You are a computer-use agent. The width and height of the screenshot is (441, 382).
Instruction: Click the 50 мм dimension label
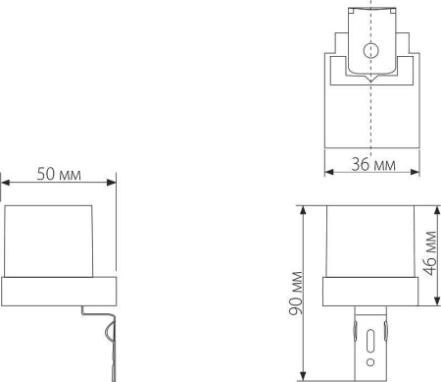pyautogui.click(x=58, y=174)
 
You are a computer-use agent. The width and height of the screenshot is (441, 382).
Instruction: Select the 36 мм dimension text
pyautogui.click(x=372, y=164)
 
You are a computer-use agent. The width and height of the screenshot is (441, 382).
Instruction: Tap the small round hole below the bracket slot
pyautogui.click(x=369, y=362)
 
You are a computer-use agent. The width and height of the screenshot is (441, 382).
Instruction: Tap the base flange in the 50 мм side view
pyautogui.click(x=58, y=290)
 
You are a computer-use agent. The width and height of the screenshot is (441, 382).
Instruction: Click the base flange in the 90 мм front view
pyautogui.click(x=369, y=290)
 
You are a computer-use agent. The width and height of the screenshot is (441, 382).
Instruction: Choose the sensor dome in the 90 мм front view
pyautogui.click(x=369, y=241)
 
